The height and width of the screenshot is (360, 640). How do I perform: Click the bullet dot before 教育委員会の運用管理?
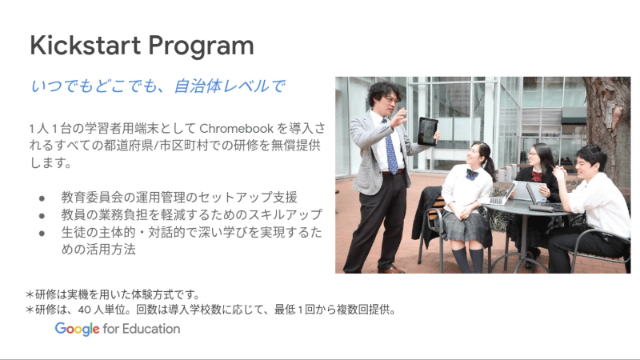pos(42,197)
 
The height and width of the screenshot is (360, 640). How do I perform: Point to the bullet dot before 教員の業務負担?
pos(42,214)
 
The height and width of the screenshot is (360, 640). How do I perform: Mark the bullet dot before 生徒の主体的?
pos(42,232)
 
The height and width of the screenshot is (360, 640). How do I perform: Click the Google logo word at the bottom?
pos(78,329)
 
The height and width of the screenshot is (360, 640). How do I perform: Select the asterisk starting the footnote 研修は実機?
pos(30,294)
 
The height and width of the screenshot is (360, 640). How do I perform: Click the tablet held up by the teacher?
pos(428,130)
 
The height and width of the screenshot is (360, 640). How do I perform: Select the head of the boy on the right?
pos(590,160)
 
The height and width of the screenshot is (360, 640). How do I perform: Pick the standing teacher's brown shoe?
pos(390,270)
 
